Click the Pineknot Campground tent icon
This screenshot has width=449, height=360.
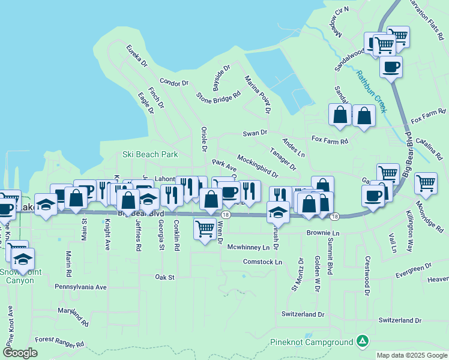[x=361, y=341]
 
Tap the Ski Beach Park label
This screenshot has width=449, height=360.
[x=150, y=154]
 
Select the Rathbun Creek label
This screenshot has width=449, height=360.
[x=372, y=92]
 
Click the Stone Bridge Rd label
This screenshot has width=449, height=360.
[x=218, y=95]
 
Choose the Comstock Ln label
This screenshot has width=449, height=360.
[x=262, y=262]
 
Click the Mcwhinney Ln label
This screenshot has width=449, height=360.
[x=245, y=247]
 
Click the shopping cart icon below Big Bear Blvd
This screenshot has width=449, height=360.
[x=205, y=228]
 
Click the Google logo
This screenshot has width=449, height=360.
[x=20, y=353]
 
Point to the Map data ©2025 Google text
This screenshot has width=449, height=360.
[x=411, y=355]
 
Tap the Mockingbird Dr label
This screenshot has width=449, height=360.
[x=257, y=166]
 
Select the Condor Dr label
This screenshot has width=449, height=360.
[x=174, y=82]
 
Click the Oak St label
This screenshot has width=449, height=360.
[x=164, y=277]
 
